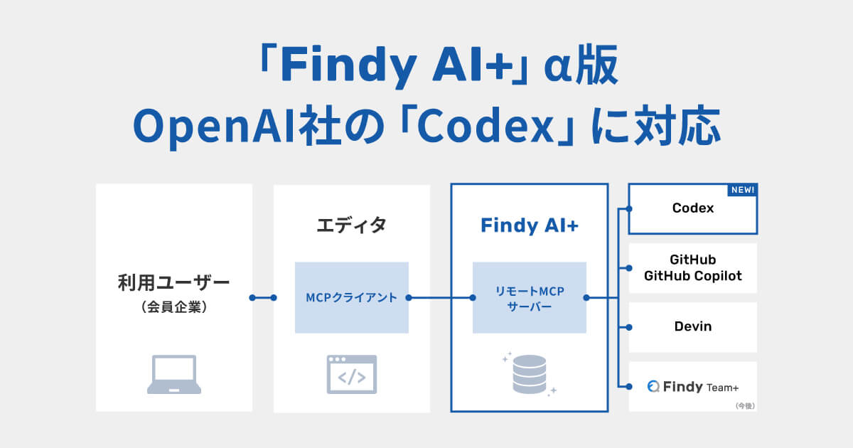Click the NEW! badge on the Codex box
[742, 190]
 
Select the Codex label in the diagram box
[692, 208]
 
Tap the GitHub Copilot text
[692, 276]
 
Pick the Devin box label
[692, 326]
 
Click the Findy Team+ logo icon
[653, 386]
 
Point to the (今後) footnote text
[745, 406]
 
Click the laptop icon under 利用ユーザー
[174, 375]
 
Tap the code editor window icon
[351, 375]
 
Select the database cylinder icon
[530, 375]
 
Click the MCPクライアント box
[351, 297]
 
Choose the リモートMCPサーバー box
[530, 297]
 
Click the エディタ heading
[351, 225]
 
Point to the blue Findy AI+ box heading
[530, 225]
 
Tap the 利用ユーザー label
[174, 283]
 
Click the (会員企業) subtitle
[174, 307]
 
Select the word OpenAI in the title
[215, 127]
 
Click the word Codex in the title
[485, 125]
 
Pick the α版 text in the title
[581, 65]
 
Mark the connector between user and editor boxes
[263, 297]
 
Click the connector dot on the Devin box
[629, 327]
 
